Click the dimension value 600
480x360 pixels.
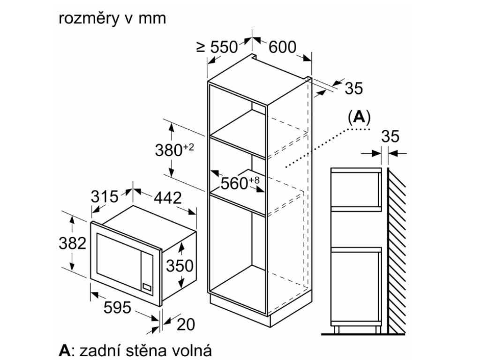click(283, 47)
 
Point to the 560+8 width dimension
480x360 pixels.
click(240, 183)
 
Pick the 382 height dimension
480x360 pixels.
click(72, 243)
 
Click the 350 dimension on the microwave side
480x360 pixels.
click(180, 265)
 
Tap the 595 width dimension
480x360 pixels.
click(117, 307)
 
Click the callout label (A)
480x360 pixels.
click(359, 117)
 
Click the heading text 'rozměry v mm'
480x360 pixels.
click(112, 18)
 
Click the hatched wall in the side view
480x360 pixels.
click(397, 248)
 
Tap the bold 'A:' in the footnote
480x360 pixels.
click(66, 350)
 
